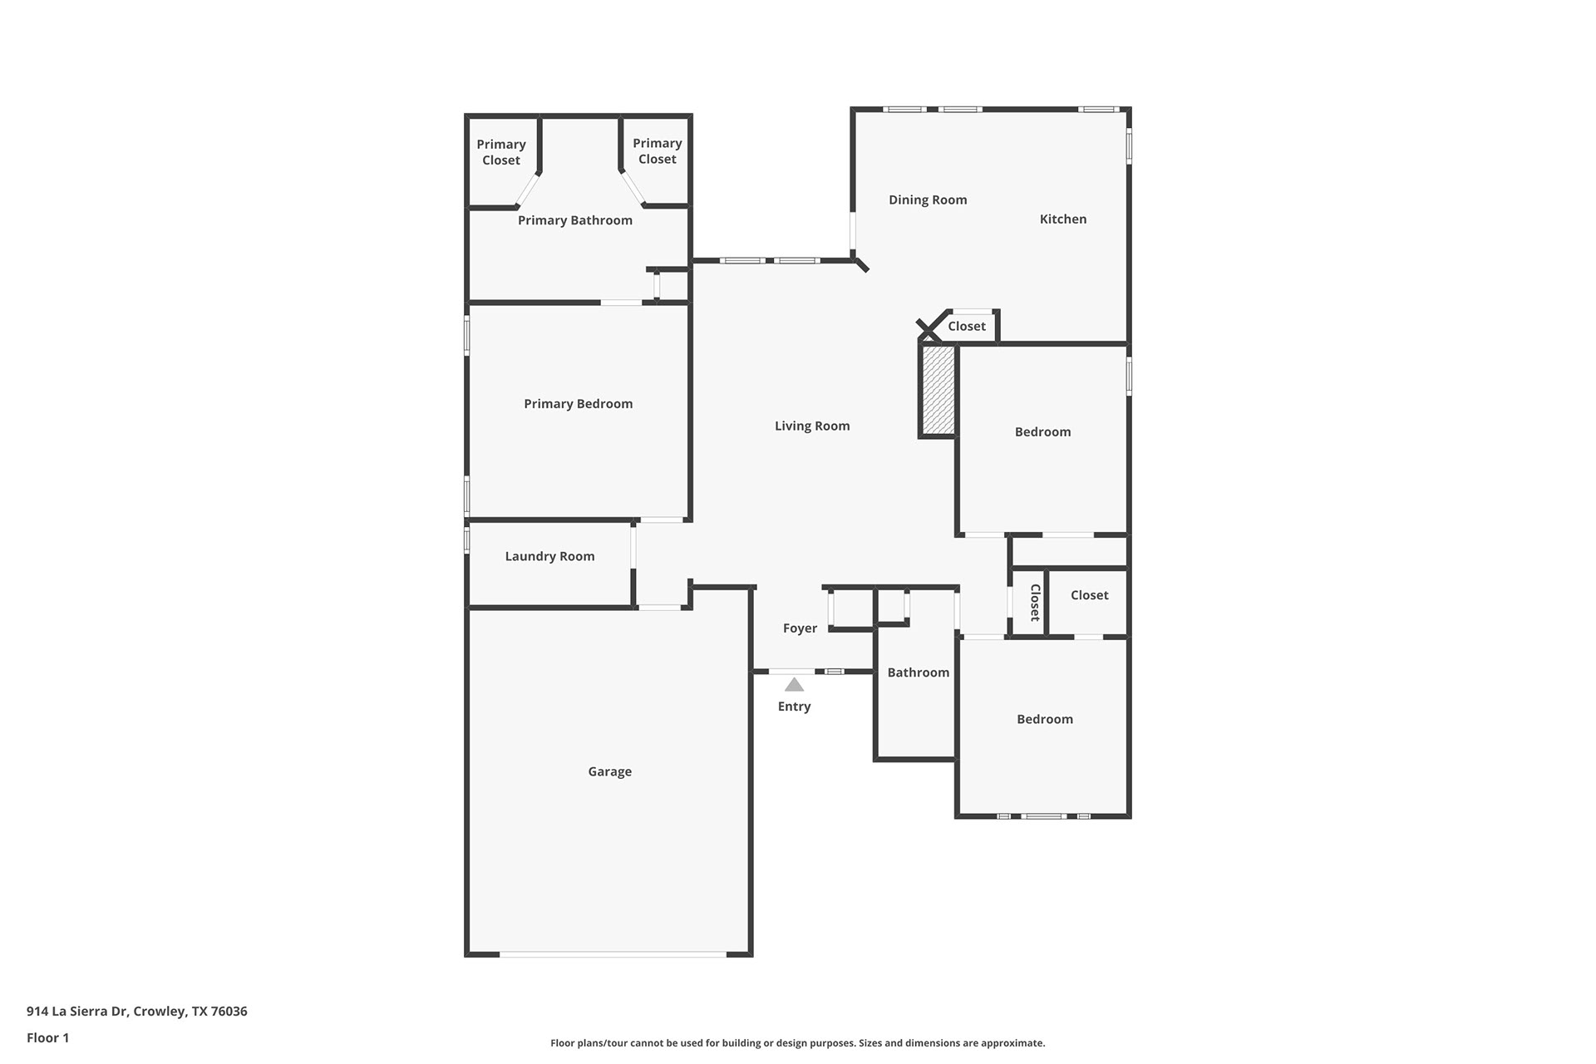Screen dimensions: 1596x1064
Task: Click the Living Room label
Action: pyautogui.click(x=812, y=426)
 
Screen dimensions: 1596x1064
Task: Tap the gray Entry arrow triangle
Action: pyautogui.click(x=794, y=685)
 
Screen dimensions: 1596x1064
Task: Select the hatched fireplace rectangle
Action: pyautogui.click(x=938, y=390)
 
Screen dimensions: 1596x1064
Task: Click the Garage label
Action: pyautogui.click(x=609, y=771)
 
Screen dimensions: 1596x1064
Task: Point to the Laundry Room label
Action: pyautogui.click(x=549, y=556)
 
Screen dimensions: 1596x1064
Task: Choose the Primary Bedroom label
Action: pyautogui.click(x=578, y=404)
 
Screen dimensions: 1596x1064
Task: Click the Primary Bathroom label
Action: pyautogui.click(x=574, y=220)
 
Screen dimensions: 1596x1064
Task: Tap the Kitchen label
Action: pyautogui.click(x=1063, y=219)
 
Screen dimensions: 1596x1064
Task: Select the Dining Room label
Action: pyautogui.click(x=928, y=199)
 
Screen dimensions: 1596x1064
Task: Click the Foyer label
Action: pyautogui.click(x=800, y=628)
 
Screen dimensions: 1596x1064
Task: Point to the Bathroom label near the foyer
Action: pyautogui.click(x=918, y=672)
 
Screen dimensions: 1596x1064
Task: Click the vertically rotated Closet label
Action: pyautogui.click(x=1035, y=603)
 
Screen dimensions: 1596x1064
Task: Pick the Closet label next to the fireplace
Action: pyautogui.click(x=967, y=326)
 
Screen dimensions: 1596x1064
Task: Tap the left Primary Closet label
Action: pyautogui.click(x=500, y=152)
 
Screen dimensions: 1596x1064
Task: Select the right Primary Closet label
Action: pyautogui.click(x=657, y=151)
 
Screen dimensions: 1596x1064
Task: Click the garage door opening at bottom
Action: pyautogui.click(x=613, y=954)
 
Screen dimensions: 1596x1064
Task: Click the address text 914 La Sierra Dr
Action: pyautogui.click(x=77, y=1012)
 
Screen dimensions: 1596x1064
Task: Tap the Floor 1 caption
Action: pyautogui.click(x=47, y=1037)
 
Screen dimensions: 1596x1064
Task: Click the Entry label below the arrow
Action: pyautogui.click(x=794, y=707)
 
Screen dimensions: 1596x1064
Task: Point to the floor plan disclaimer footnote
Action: pyautogui.click(x=798, y=1043)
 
